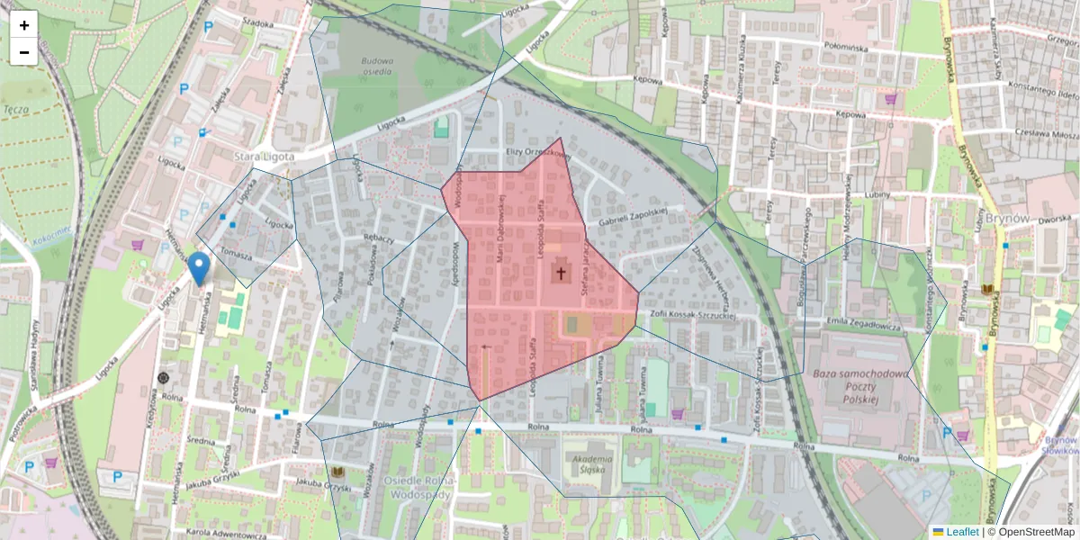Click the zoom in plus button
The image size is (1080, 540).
tap(24, 24)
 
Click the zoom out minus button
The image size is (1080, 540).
tap(24, 52)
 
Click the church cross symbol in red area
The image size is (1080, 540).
tap(562, 273)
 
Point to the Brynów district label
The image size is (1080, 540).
tap(1007, 219)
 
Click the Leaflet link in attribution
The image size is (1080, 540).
tap(961, 532)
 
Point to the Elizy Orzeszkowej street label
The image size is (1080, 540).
tap(538, 154)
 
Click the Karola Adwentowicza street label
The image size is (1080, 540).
tap(220, 534)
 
